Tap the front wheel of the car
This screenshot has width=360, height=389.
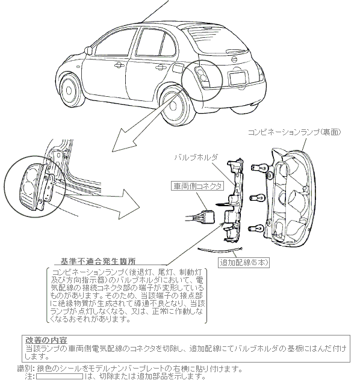click(70, 90)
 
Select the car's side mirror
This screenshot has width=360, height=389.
click(88, 50)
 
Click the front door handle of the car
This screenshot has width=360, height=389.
click(119, 66)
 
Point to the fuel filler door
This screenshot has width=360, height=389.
click(178, 68)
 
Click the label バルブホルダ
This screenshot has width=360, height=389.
click(196, 158)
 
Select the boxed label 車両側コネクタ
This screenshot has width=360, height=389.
click(197, 186)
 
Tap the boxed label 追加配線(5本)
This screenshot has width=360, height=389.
click(244, 263)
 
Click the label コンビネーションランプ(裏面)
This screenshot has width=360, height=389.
click(294, 132)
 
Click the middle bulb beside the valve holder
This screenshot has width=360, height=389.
click(258, 198)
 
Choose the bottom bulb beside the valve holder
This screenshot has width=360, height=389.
click(256, 228)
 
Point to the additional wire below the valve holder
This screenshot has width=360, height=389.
click(220, 251)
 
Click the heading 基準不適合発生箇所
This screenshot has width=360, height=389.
click(98, 261)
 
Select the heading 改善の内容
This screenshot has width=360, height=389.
click(46, 340)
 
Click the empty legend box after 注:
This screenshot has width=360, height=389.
click(60, 376)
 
